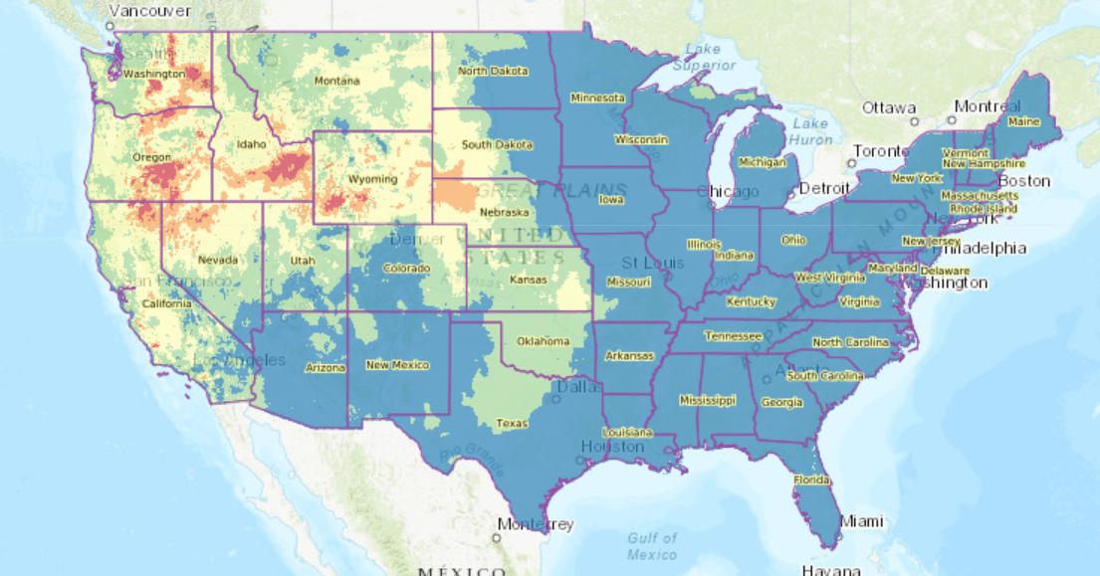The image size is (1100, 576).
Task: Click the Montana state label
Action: tap(336, 81)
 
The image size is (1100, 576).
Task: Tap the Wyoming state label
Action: tap(373, 179)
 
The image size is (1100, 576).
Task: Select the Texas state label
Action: tap(512, 424)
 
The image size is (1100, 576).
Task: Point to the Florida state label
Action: tap(811, 480)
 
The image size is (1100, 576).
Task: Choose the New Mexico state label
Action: tap(396, 365)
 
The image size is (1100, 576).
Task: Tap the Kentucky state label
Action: tap(751, 301)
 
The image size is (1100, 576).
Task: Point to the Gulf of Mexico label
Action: tap(652, 545)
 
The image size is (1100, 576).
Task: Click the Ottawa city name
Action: tap(888, 107)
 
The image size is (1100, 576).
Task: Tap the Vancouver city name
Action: tap(149, 11)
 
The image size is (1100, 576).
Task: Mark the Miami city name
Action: tap(860, 520)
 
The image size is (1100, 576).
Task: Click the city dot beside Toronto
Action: tap(852, 161)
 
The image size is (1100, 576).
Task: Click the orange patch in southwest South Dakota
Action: tap(457, 192)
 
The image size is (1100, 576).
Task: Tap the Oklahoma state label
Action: tap(544, 341)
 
